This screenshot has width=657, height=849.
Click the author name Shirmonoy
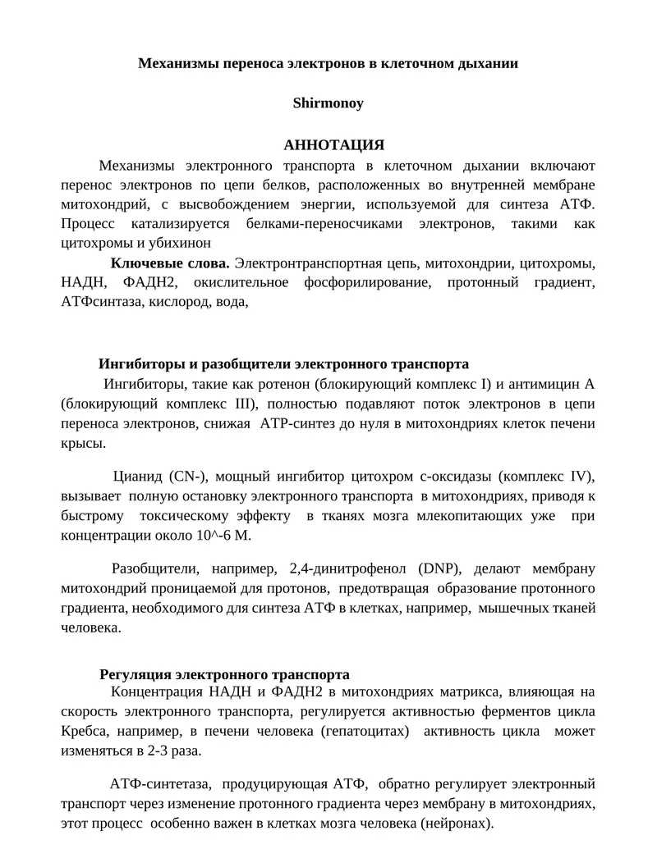328,104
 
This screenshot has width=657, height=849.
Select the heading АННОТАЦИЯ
333,145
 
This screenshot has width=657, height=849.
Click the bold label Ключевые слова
170,263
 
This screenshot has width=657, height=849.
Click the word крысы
82,443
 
